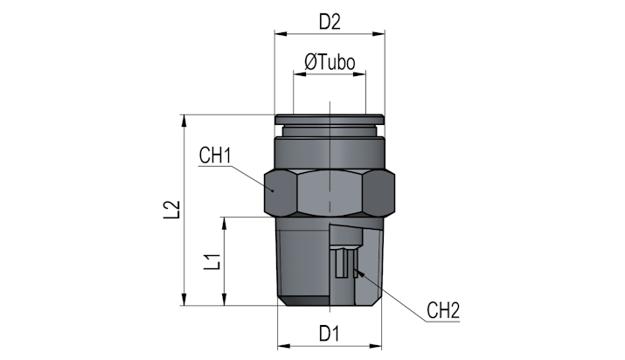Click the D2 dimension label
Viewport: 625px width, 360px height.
(330, 23)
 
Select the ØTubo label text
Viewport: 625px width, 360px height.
(330, 62)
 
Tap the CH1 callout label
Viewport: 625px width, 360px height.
(215, 156)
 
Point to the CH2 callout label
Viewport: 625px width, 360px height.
(443, 310)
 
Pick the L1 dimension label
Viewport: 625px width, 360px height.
(212, 261)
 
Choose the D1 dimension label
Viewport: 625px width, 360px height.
(330, 333)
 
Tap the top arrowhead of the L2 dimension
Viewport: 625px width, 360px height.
(184, 121)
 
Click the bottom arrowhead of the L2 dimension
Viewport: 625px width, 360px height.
(184, 300)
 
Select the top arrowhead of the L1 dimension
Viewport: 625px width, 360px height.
(225, 223)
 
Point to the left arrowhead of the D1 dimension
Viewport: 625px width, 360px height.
(283, 346)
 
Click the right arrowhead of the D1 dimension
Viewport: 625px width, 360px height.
(376, 346)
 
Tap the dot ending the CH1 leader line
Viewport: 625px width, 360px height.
(273, 190)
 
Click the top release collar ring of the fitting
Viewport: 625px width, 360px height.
(330, 119)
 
